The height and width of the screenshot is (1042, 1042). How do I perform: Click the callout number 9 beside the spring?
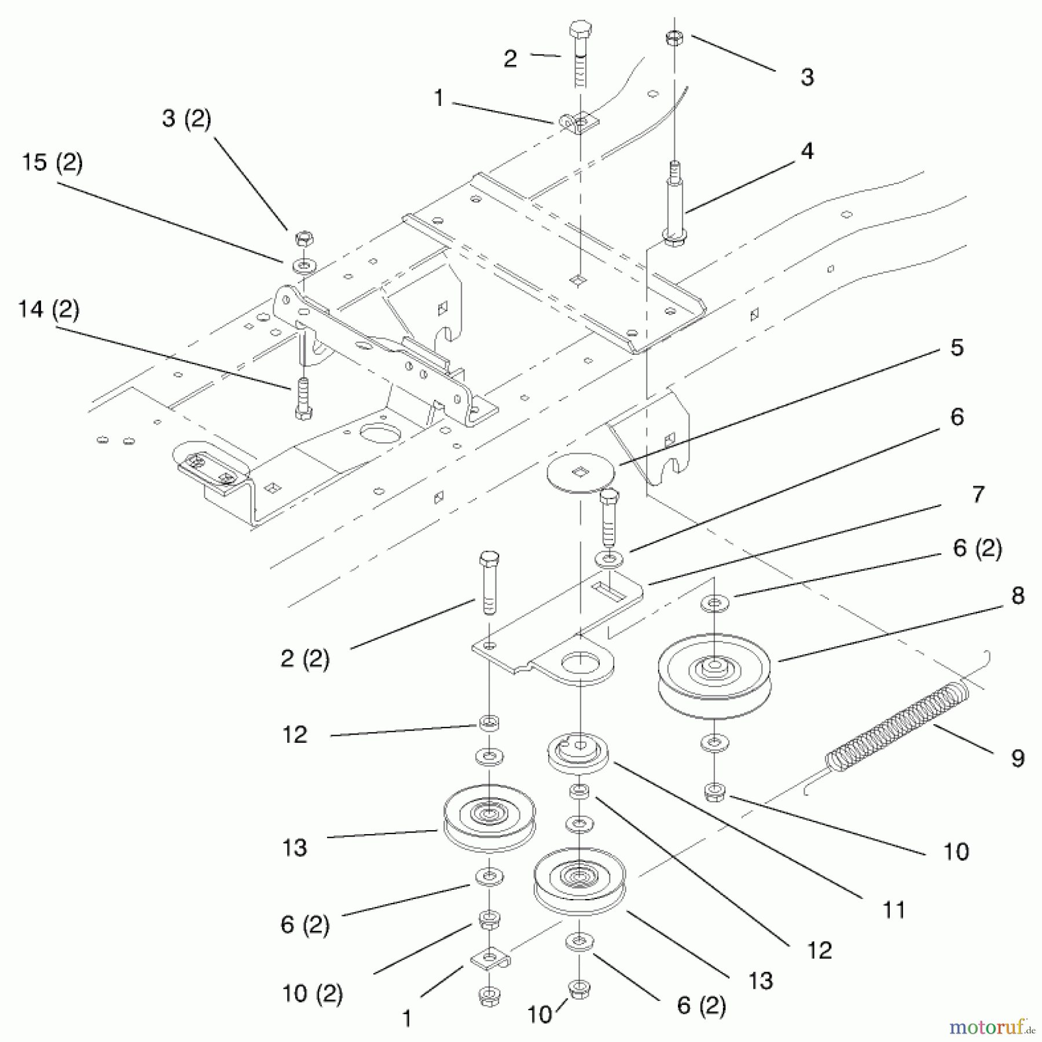coord(1017,758)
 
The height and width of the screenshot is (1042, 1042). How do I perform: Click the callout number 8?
coord(1017,596)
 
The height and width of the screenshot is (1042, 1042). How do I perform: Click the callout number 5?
coord(957,347)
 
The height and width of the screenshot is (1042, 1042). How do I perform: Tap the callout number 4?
coord(807,151)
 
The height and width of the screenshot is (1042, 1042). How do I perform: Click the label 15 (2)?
coord(52,163)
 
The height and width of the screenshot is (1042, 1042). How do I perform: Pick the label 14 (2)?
coord(49,309)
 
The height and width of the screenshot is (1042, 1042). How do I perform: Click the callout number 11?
coord(893,911)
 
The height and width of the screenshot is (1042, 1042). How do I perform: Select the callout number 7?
coord(977,494)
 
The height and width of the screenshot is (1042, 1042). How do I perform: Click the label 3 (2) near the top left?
coord(186,119)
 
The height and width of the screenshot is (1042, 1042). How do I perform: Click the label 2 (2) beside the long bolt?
coord(304,659)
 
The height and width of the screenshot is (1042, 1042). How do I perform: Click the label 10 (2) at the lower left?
coord(312,994)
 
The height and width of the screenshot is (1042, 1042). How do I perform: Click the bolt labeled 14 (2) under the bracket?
coord(303,398)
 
